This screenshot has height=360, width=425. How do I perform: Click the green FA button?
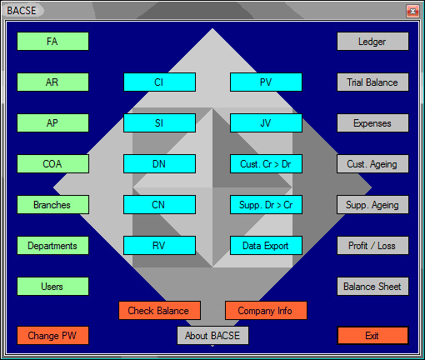click(52, 42)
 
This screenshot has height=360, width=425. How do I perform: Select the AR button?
click(52, 82)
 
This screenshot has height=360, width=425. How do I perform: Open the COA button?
click(52, 164)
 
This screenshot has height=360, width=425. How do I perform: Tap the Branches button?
click(52, 205)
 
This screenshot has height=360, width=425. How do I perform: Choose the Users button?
click(52, 287)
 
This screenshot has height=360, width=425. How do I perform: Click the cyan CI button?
click(159, 82)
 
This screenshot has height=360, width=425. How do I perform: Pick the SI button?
click(159, 123)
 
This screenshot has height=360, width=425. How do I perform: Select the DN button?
click(159, 164)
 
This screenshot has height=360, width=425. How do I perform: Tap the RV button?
click(159, 246)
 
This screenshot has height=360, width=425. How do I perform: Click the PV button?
click(266, 82)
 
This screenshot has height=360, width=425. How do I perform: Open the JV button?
click(266, 123)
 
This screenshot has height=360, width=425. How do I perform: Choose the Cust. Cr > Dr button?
click(266, 164)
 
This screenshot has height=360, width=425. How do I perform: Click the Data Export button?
click(266, 246)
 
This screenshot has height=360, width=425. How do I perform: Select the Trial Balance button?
click(372, 82)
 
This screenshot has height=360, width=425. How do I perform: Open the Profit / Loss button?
click(372, 246)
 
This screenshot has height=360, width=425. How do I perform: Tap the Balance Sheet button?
click(372, 287)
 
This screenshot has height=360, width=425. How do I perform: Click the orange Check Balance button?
click(159, 311)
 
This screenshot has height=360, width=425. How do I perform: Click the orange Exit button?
click(372, 336)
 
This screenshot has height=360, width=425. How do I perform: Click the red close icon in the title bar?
click(412, 11)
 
